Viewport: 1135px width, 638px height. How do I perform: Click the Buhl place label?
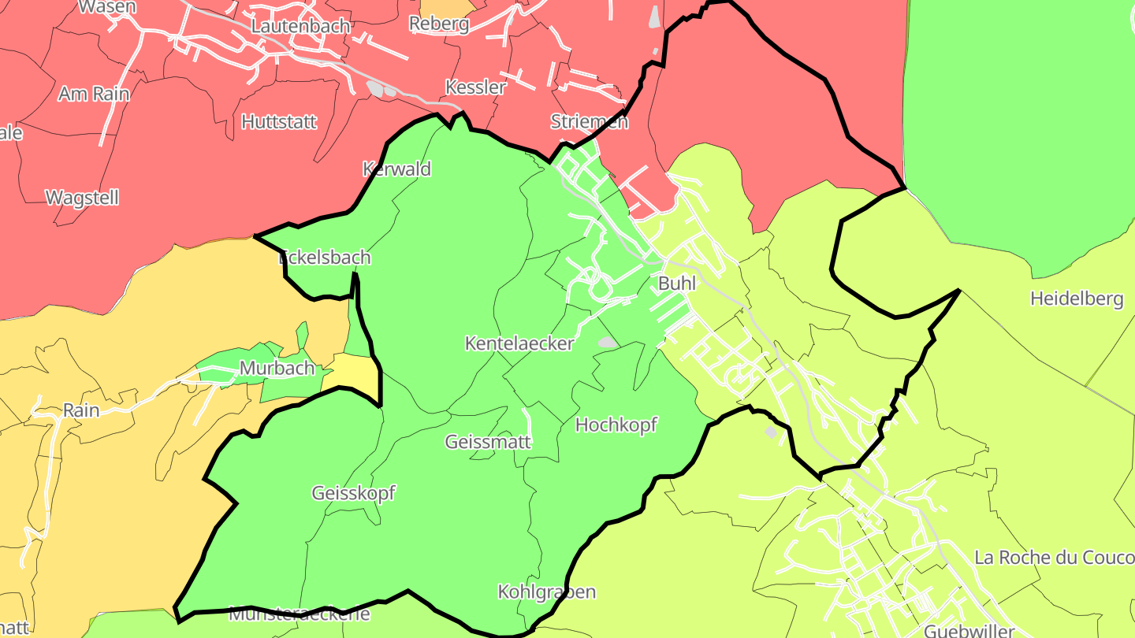click(x=677, y=284)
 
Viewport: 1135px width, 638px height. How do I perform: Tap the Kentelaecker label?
click(x=519, y=343)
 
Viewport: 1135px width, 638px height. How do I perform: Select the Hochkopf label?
click(x=616, y=425)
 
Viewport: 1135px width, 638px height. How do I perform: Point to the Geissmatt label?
click(x=488, y=442)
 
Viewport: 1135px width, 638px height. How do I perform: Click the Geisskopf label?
click(x=353, y=494)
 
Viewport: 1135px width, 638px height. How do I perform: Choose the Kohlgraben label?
click(x=546, y=592)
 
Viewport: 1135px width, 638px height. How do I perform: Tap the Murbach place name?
click(x=277, y=369)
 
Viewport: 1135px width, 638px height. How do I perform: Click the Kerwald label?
click(x=396, y=169)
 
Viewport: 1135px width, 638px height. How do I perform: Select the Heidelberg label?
click(x=1076, y=299)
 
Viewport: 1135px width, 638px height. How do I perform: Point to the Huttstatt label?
click(x=279, y=122)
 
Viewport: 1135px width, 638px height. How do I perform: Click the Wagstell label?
click(x=83, y=198)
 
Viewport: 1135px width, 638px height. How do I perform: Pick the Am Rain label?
click(x=94, y=94)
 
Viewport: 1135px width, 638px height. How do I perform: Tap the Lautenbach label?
click(x=300, y=26)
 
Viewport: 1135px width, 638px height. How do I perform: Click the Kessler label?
click(x=475, y=87)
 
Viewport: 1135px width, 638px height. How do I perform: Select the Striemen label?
click(x=589, y=122)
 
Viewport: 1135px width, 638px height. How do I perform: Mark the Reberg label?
click(x=439, y=24)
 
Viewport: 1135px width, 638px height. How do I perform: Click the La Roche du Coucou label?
click(x=1054, y=558)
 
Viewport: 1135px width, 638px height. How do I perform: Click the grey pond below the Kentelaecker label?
click(x=608, y=343)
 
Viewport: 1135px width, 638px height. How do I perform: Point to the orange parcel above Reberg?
click(x=448, y=6)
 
